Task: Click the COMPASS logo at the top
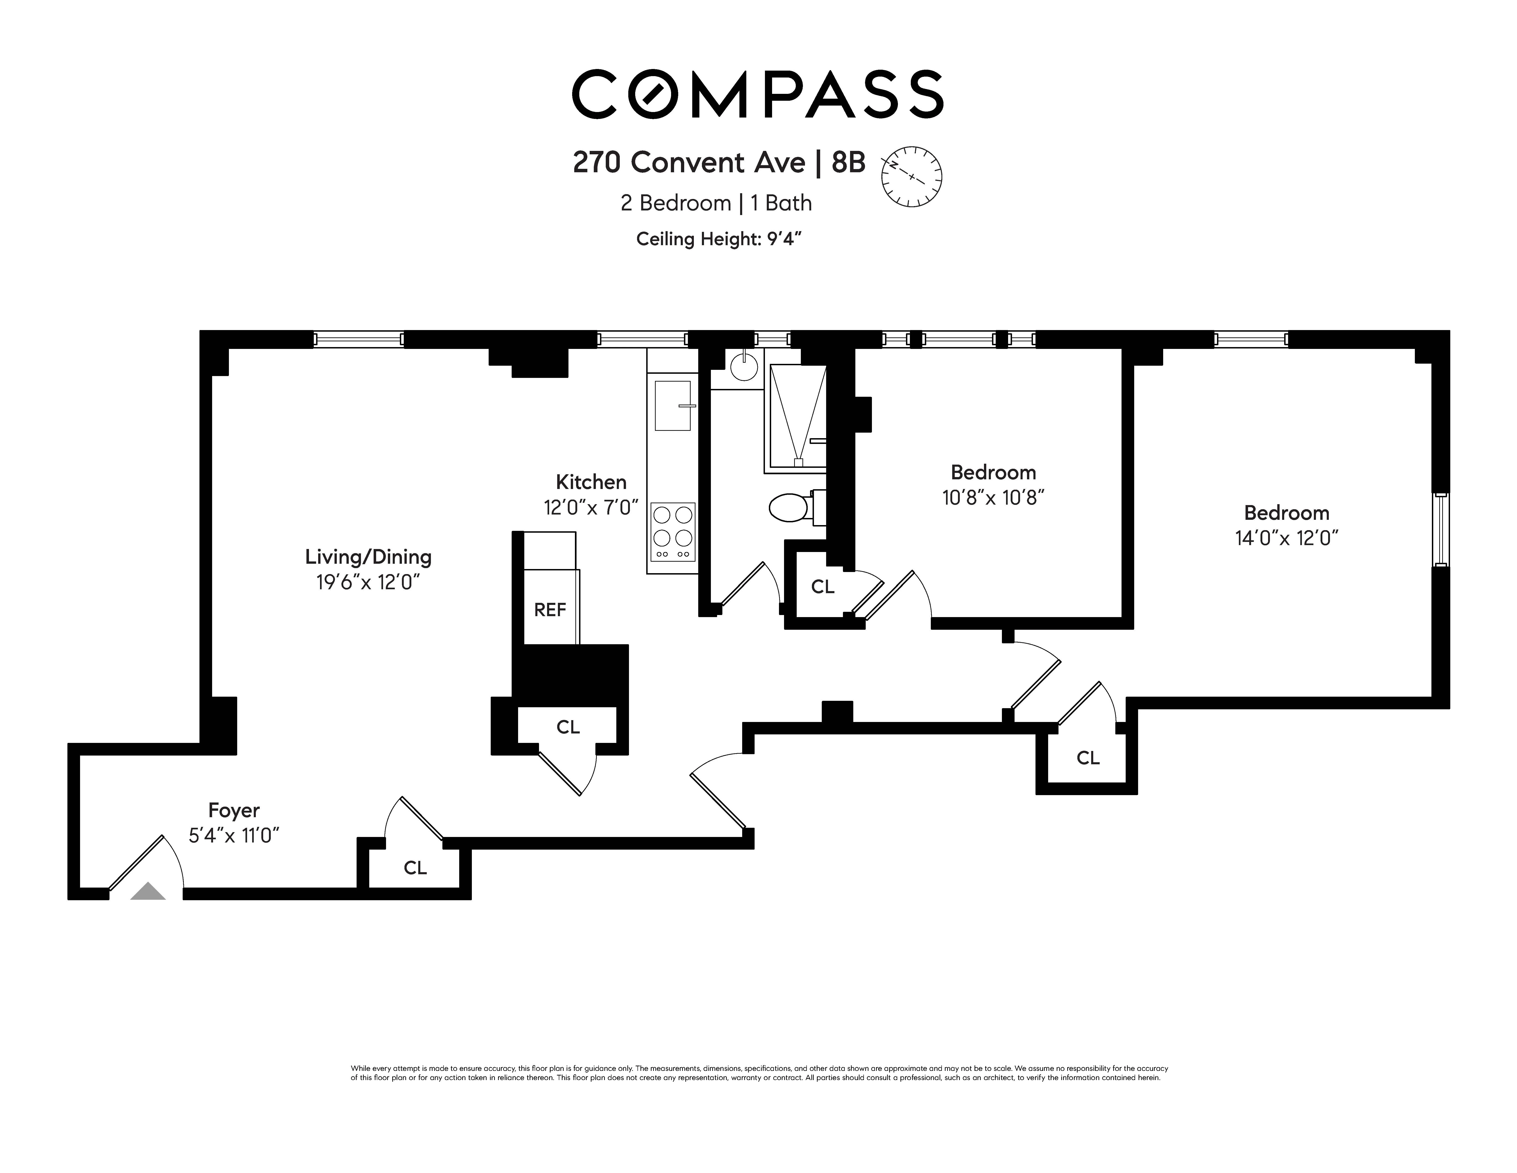pos(757,94)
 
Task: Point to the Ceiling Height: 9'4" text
pos(719,239)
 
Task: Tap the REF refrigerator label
pos(550,610)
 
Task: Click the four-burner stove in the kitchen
pos(672,532)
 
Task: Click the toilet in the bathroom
pos(792,508)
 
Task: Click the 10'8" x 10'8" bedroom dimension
pos(993,498)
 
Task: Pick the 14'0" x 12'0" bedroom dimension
pos(1286,538)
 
